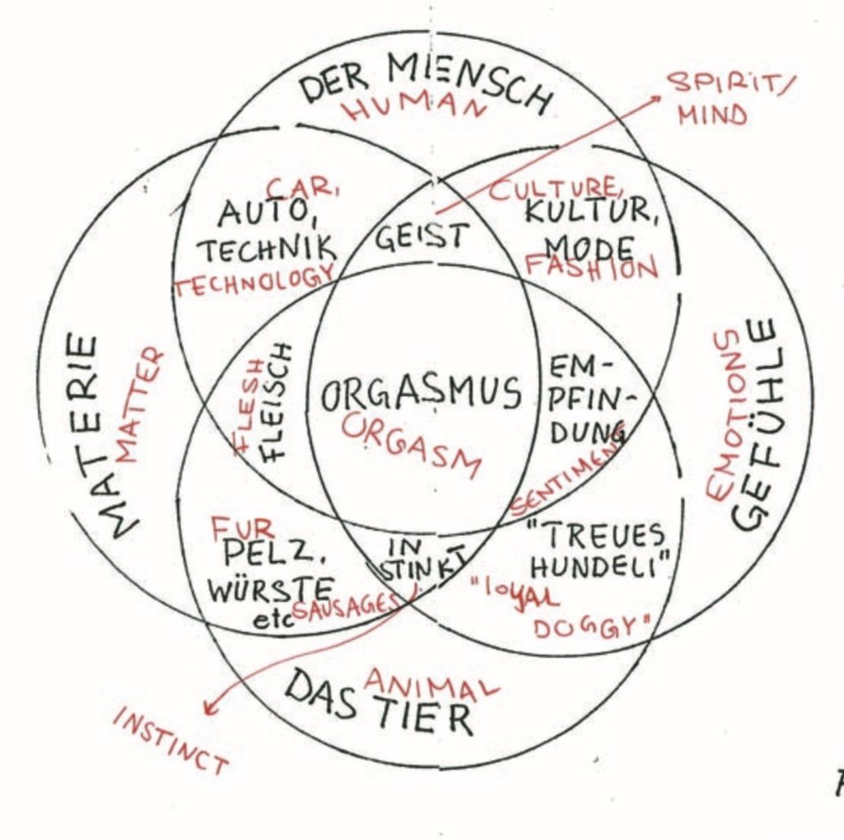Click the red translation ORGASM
pos(410,442)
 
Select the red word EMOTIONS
pos(724,416)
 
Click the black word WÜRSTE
pos(270,588)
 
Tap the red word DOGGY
pos(586,628)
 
